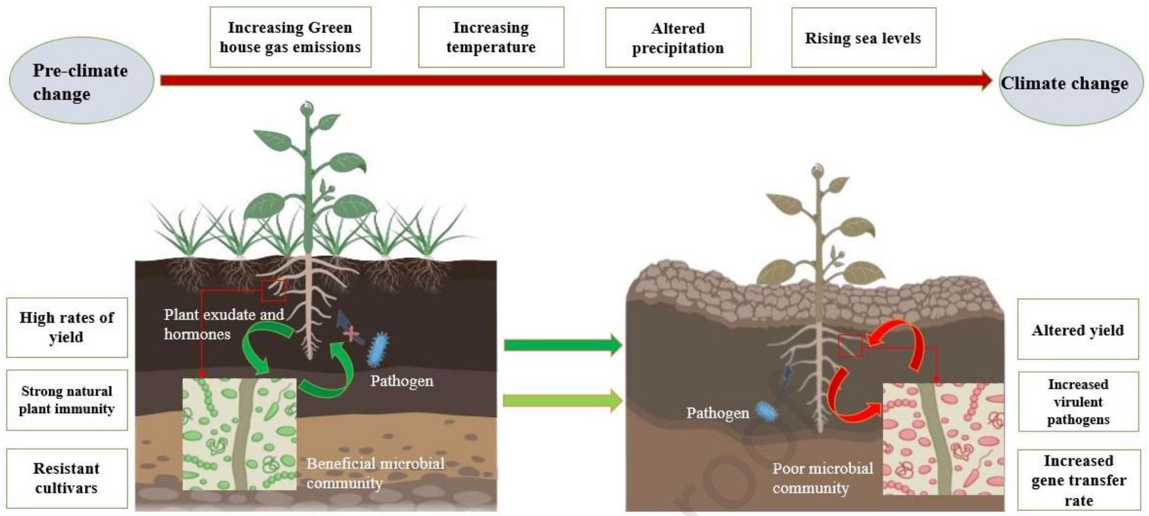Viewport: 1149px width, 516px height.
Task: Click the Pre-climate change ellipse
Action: click(81, 81)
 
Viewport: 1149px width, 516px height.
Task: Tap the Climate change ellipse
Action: click(1070, 83)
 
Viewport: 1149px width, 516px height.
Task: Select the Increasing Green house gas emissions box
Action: click(290, 37)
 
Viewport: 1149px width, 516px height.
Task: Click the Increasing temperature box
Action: click(491, 37)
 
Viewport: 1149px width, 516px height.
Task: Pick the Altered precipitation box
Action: click(678, 38)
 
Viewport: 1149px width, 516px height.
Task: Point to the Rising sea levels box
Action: click(863, 38)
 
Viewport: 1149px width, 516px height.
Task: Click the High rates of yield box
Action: click(66, 327)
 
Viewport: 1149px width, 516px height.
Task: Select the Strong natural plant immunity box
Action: click(66, 400)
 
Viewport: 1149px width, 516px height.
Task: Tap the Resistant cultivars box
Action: click(66, 478)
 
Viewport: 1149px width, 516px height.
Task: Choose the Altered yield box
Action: click(1078, 329)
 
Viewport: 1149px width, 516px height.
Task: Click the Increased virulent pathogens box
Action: click(1078, 401)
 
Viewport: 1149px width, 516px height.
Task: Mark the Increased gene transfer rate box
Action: click(1078, 480)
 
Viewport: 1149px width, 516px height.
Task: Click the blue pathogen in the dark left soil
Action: click(378, 349)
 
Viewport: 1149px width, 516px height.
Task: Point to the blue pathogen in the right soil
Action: click(767, 411)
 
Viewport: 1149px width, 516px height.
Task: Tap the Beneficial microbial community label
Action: click(375, 473)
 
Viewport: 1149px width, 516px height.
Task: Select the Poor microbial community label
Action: click(822, 478)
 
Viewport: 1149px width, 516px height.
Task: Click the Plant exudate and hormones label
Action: click(223, 324)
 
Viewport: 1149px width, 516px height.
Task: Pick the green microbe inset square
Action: click(239, 434)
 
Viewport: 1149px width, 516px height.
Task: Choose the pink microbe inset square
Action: click(943, 438)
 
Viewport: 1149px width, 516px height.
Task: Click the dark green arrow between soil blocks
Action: click(562, 344)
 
